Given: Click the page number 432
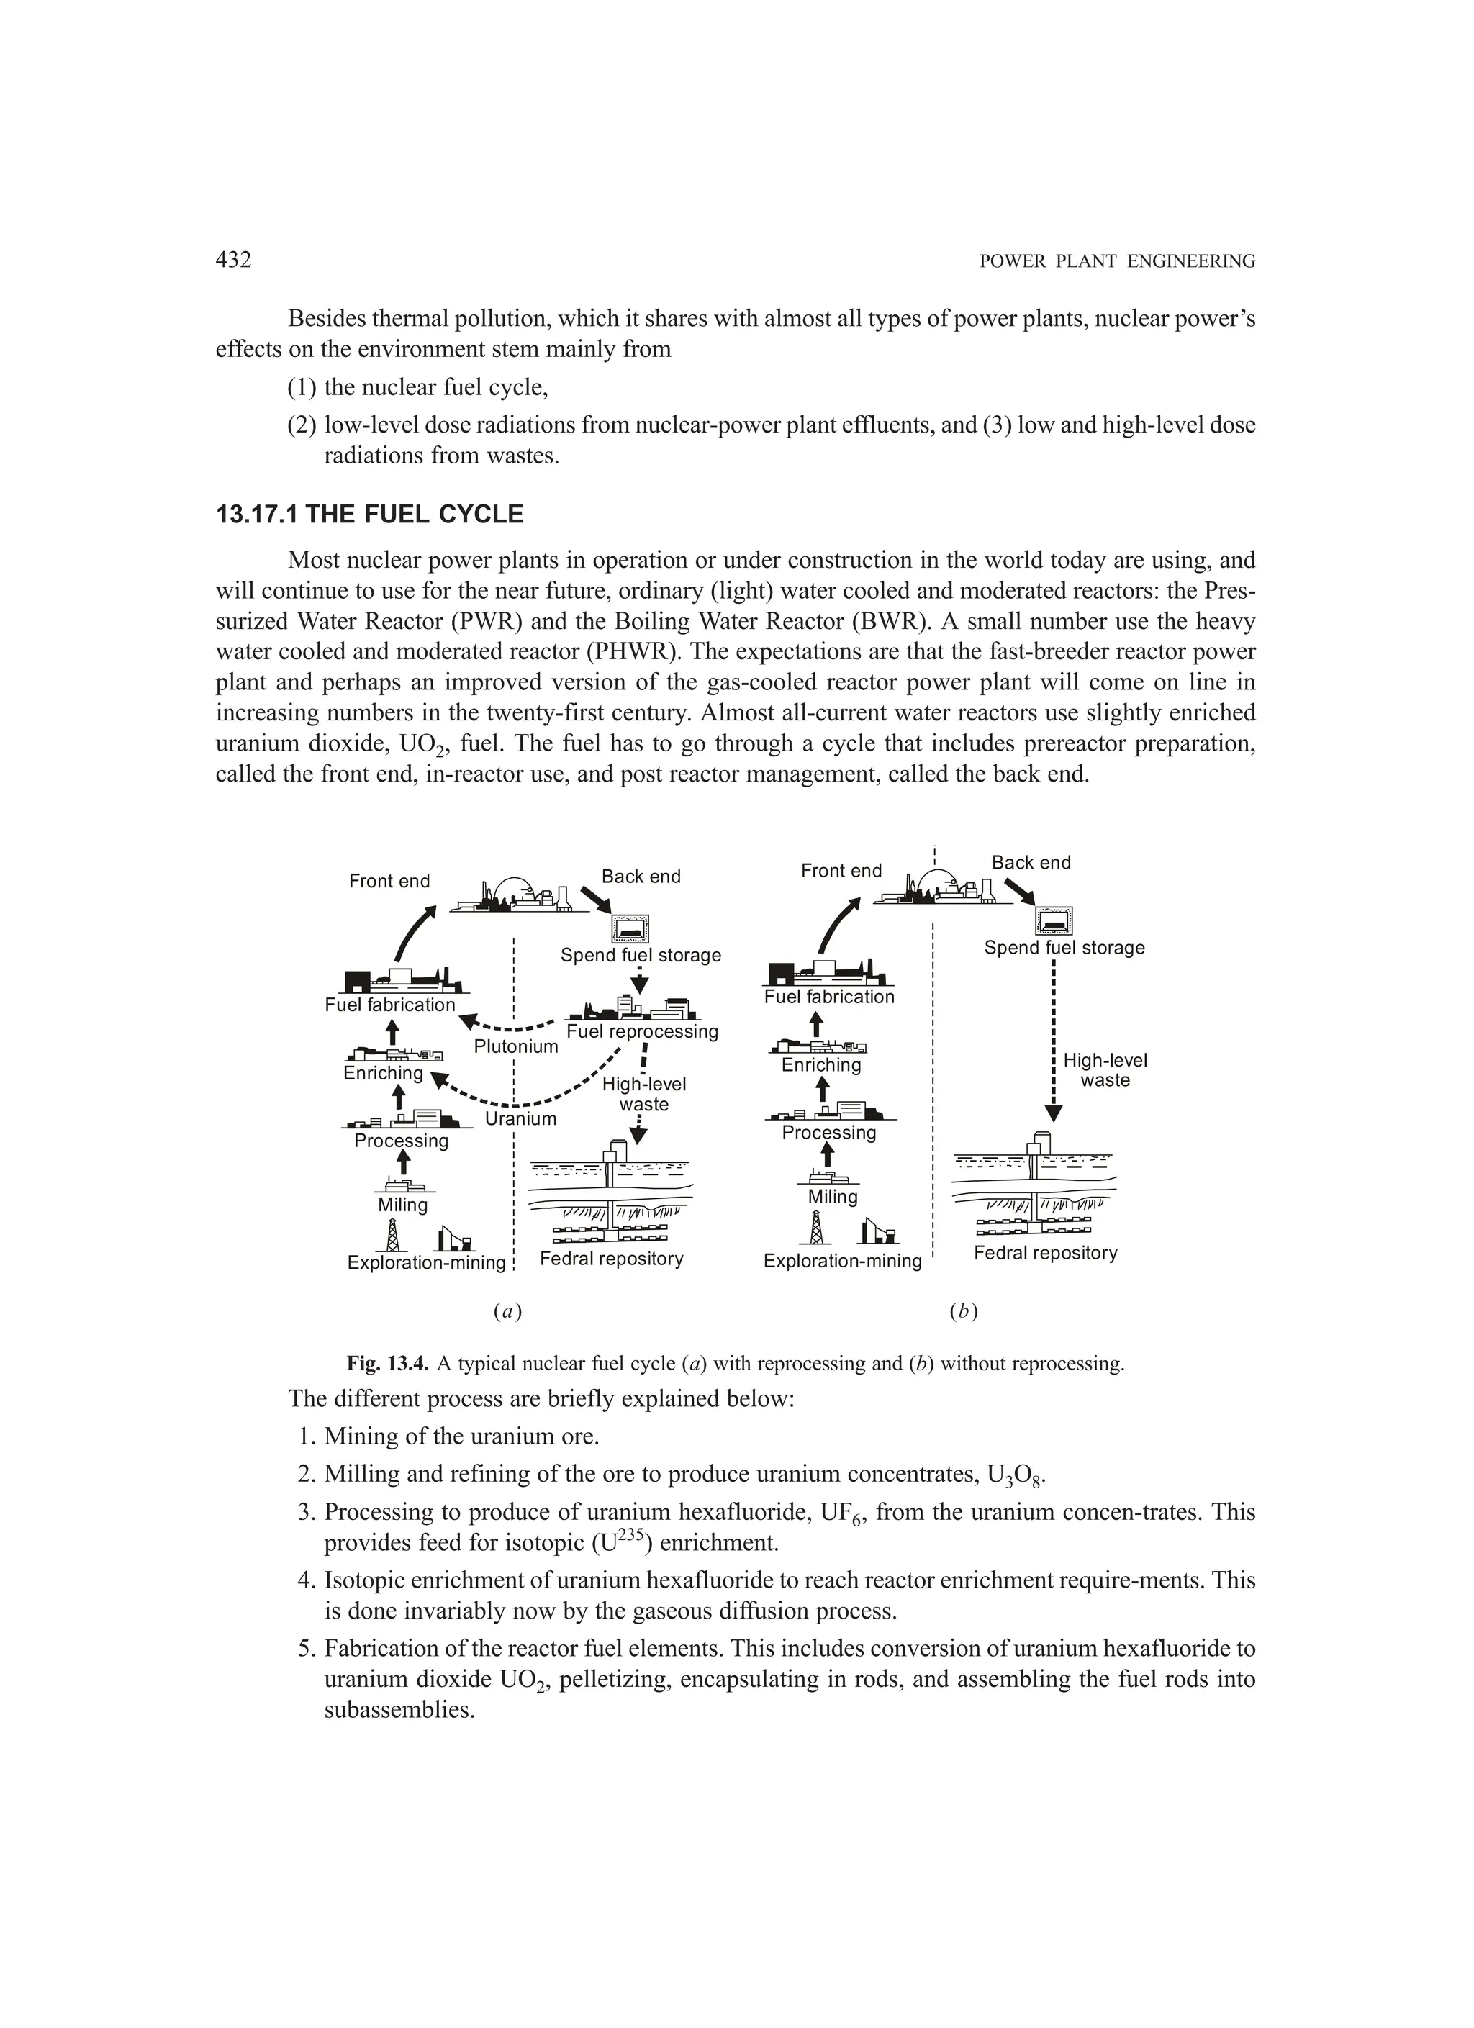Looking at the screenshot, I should tap(233, 261).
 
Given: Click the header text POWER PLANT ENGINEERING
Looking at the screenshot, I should tap(1117, 262).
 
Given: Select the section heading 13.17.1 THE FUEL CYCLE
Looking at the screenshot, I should tap(369, 515).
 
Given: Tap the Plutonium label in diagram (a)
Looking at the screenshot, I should tap(515, 1046).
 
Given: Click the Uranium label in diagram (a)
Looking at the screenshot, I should tap(520, 1118).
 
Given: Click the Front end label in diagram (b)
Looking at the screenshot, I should tap(841, 871).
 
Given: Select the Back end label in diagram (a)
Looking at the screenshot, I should tap(641, 877).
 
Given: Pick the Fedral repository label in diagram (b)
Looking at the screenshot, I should tap(1046, 1253).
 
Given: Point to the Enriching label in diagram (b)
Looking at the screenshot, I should tap(821, 1065).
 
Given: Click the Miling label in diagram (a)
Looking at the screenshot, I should tap(402, 1205).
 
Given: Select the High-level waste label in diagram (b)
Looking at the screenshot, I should tap(1105, 1070).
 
